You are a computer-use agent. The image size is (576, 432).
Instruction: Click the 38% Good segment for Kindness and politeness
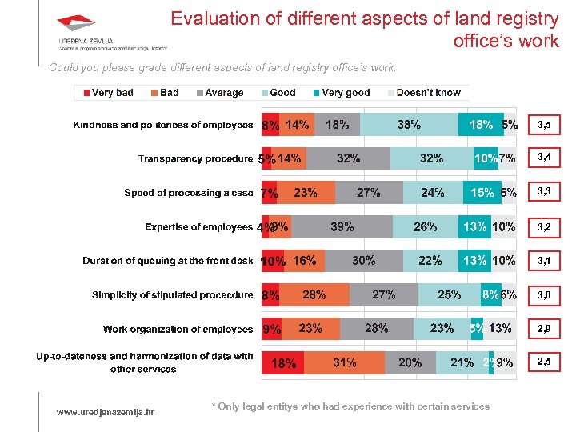(x=409, y=125)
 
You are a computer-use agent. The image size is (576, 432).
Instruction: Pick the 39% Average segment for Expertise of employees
(x=342, y=226)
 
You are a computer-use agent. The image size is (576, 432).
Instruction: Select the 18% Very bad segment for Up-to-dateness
(x=283, y=362)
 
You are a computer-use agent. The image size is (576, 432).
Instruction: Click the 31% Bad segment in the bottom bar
(x=345, y=362)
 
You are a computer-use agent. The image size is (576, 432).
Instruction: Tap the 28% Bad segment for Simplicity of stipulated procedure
(x=314, y=294)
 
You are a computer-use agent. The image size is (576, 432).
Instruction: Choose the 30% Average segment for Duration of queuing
(x=363, y=261)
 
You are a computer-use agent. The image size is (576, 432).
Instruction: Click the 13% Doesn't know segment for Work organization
(x=501, y=328)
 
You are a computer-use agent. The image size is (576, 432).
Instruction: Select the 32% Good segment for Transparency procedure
(x=431, y=158)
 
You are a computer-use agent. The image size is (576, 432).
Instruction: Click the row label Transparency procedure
(x=195, y=158)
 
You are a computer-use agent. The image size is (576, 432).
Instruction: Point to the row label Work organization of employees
(x=178, y=329)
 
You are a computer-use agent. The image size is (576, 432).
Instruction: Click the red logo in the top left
(x=76, y=24)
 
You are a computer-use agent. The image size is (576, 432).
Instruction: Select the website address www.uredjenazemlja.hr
(x=106, y=412)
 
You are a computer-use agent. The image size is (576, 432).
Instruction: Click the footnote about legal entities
(x=350, y=406)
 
